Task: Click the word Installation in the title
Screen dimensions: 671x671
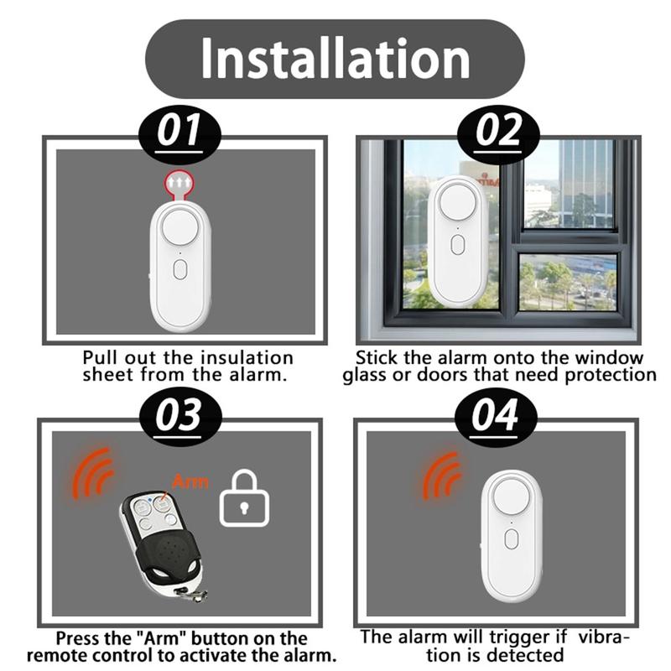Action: point(335,59)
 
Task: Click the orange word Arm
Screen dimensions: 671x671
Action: point(190,481)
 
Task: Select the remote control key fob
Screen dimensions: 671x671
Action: point(162,540)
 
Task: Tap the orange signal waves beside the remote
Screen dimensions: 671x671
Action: point(92,474)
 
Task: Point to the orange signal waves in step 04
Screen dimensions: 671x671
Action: point(443,476)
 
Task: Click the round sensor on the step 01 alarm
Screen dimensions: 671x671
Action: point(180,227)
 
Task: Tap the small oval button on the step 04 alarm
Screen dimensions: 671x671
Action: point(512,538)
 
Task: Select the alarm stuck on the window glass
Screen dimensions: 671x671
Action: point(458,242)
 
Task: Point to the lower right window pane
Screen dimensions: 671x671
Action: point(569,282)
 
